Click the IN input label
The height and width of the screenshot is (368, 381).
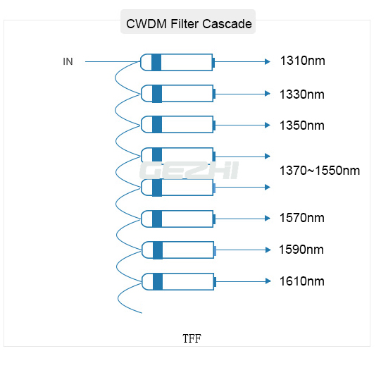pyautogui.click(x=68, y=61)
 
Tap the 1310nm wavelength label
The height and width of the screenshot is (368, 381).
pyautogui.click(x=303, y=61)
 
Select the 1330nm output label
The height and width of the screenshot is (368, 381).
pyautogui.click(x=302, y=94)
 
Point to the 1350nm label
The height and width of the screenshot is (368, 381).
pyautogui.click(x=302, y=125)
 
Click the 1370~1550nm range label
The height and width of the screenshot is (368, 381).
pyautogui.click(x=320, y=171)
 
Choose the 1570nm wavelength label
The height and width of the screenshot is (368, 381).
pyautogui.click(x=302, y=218)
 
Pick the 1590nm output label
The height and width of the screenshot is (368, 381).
pyautogui.click(x=301, y=250)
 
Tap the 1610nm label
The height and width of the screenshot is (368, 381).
pyautogui.click(x=302, y=281)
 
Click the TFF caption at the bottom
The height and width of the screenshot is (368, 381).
pyautogui.click(x=192, y=338)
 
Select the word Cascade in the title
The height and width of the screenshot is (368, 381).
pyautogui.click(x=227, y=24)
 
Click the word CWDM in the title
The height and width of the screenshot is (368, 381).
pyautogui.click(x=146, y=24)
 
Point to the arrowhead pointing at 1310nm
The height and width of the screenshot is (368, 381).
pyautogui.click(x=268, y=62)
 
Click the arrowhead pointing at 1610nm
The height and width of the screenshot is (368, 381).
pyautogui.click(x=268, y=281)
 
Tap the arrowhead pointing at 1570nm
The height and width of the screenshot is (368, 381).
pyautogui.click(x=268, y=219)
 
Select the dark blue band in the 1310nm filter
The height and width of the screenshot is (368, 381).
pyautogui.click(x=156, y=63)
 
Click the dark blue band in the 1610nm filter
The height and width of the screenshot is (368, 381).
pyautogui.click(x=158, y=282)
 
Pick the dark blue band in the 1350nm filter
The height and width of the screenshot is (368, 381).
pyautogui.click(x=157, y=125)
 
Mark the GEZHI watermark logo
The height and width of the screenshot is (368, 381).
pyautogui.click(x=189, y=171)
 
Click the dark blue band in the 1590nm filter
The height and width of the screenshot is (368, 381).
pyautogui.click(x=158, y=250)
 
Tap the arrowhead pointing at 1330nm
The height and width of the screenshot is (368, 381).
pyautogui.click(x=268, y=94)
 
